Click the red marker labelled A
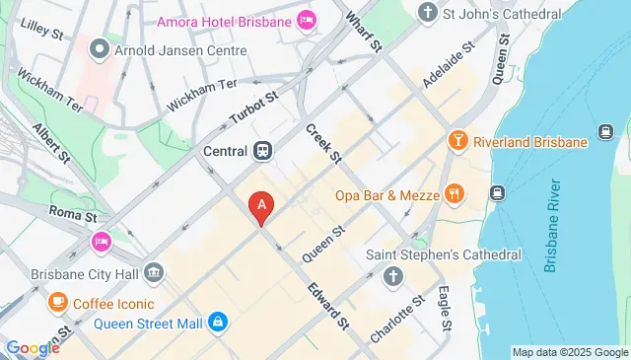pyautogui.click(x=261, y=206)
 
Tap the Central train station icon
pyautogui.click(x=262, y=151)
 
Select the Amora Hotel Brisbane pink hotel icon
pyautogui.click(x=307, y=19)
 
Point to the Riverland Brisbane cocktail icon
pyautogui.click(x=457, y=142)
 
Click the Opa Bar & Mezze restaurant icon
pyautogui.click(x=454, y=194)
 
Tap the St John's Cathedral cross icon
pyautogui.click(x=427, y=12)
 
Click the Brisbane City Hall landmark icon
pyautogui.click(x=154, y=271)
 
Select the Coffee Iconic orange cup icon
pyautogui.click(x=58, y=301)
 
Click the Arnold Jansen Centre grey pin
pyautogui.click(x=99, y=47)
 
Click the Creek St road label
pyautogui.click(x=323, y=144)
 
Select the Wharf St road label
pyautogui.click(x=363, y=31)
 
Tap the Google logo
pyautogui.click(x=33, y=347)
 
